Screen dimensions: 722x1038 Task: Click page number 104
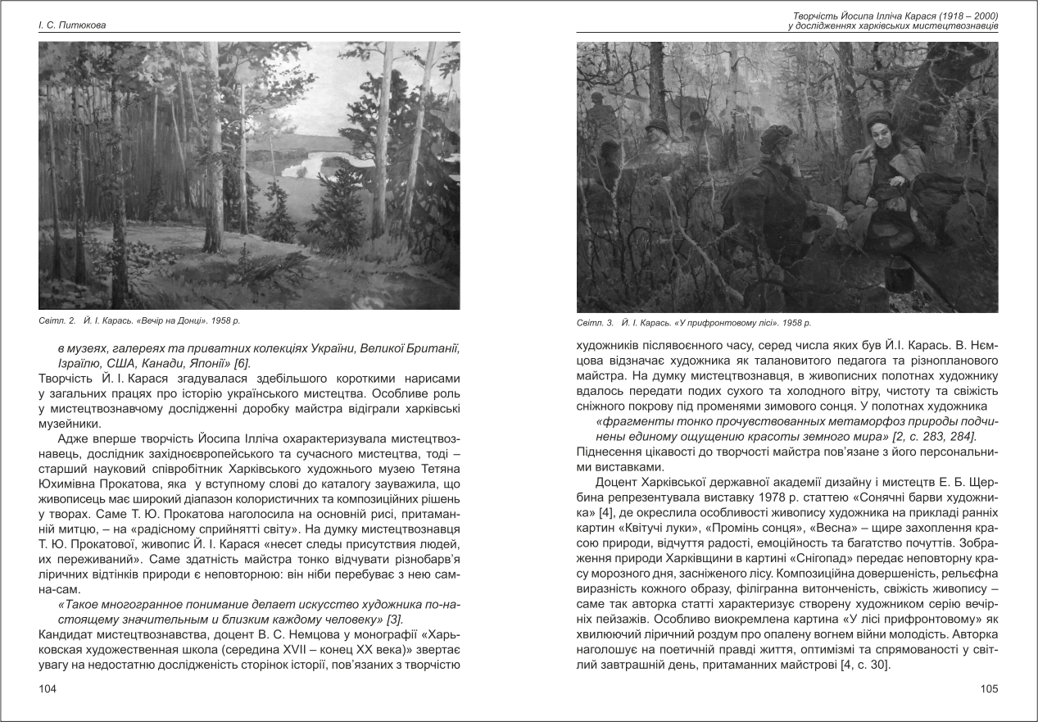(x=48, y=689)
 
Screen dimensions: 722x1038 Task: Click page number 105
(x=989, y=689)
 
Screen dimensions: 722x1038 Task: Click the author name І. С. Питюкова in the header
(x=73, y=25)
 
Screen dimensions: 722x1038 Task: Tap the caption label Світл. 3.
(x=595, y=322)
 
